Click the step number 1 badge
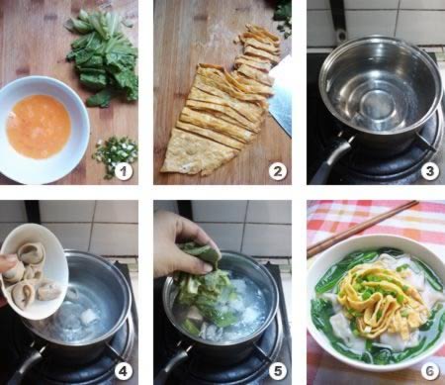tap(124, 171)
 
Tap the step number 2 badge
tap(277, 171)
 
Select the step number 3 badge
tap(430, 171)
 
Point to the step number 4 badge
tap(123, 371)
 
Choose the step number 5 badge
tap(277, 371)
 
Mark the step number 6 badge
tap(430, 371)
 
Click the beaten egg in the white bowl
tap(39, 126)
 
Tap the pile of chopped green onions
tap(116, 155)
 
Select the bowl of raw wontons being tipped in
tap(33, 270)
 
